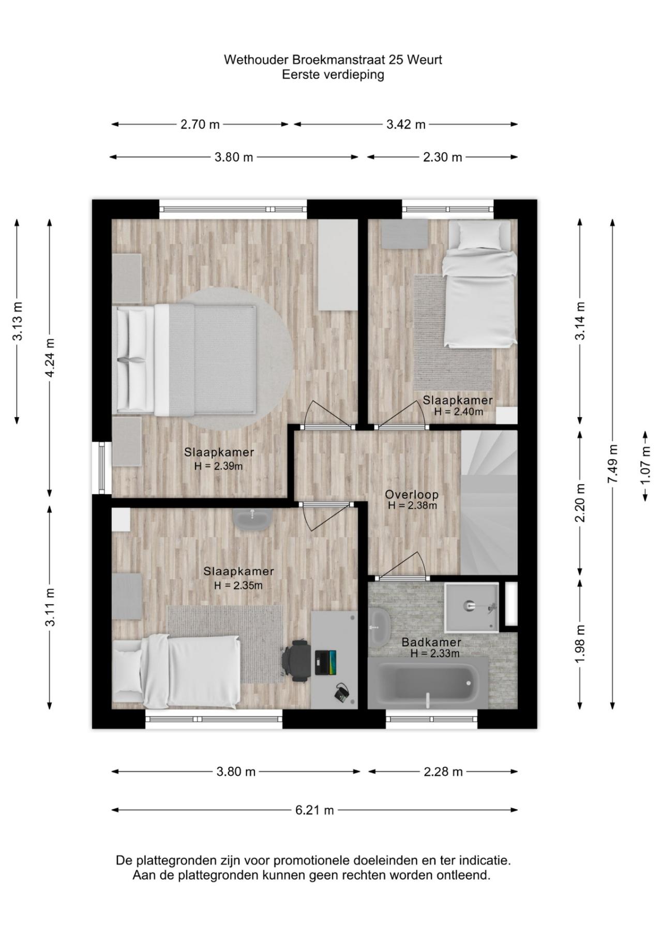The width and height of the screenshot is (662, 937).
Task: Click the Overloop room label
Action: (x=412, y=494)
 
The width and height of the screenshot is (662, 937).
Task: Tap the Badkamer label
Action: (x=431, y=642)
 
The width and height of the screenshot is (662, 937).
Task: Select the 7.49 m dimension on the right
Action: (x=613, y=464)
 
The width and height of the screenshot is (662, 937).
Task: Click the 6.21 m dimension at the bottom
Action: (x=314, y=810)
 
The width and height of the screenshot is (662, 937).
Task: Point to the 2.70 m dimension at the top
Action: (x=200, y=124)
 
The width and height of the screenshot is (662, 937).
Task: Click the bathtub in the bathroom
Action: (x=427, y=683)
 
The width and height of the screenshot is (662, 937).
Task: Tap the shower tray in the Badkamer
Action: (x=471, y=607)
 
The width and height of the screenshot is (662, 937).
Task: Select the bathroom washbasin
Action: (x=380, y=626)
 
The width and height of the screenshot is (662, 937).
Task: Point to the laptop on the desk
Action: (x=325, y=663)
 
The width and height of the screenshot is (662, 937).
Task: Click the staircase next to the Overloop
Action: (x=489, y=502)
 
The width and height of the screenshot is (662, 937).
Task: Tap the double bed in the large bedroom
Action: (x=186, y=360)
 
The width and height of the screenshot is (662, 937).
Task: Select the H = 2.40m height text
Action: (x=458, y=412)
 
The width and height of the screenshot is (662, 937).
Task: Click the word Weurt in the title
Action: (x=425, y=60)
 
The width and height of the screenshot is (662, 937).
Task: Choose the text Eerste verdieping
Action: (x=333, y=75)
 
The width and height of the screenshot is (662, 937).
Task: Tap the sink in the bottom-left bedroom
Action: (x=252, y=518)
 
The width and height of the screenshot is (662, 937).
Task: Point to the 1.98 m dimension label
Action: (x=580, y=643)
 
